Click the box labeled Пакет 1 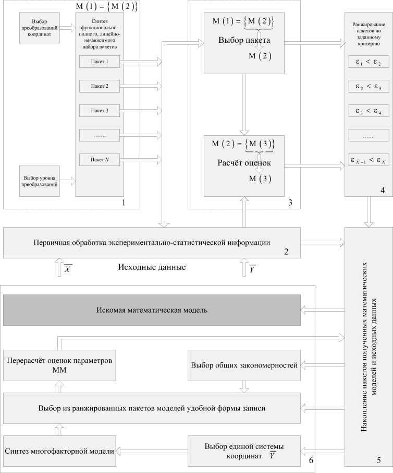click(100, 62)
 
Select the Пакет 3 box click(100, 110)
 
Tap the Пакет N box click(100, 159)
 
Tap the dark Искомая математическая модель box click(152, 310)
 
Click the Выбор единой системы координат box click(243, 450)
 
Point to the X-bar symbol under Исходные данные click(68, 269)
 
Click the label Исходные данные click(152, 268)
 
